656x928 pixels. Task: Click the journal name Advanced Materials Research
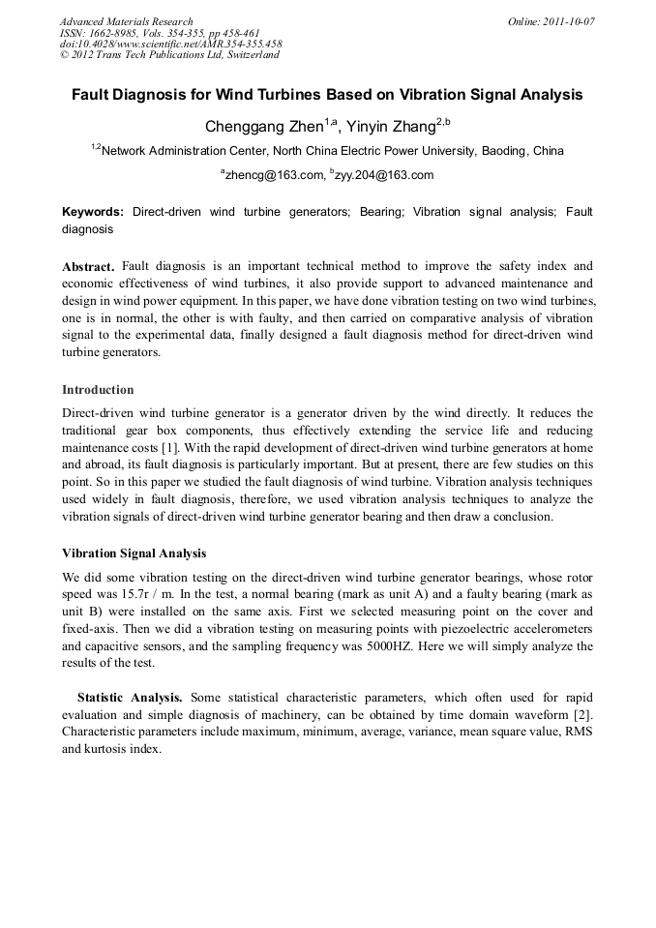(126, 21)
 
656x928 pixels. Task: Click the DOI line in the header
(171, 44)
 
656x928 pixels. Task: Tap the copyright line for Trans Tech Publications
(169, 55)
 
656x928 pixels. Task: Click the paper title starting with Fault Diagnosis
(327, 95)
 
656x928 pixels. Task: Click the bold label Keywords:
(93, 211)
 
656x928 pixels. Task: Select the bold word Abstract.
(88, 265)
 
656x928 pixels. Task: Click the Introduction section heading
(98, 390)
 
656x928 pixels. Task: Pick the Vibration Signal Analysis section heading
(134, 554)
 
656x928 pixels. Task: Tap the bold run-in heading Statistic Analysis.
(130, 697)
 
